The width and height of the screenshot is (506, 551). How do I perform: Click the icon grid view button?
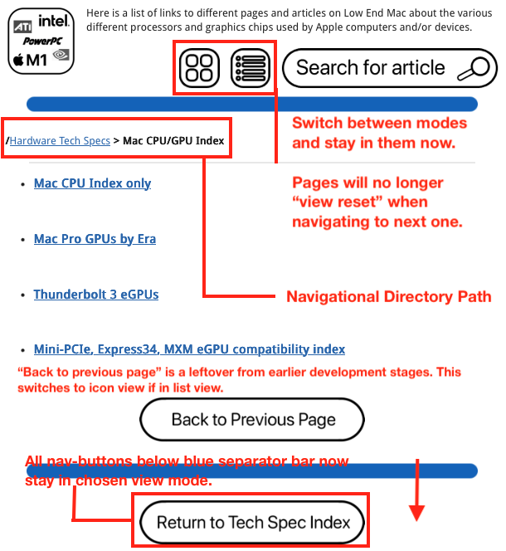tap(200, 67)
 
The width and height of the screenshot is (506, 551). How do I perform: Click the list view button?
tap(251, 67)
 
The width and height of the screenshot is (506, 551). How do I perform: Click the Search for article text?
tap(370, 68)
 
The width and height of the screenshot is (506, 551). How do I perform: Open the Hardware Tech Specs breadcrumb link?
tap(60, 141)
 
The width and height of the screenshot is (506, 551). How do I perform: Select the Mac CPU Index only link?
tap(92, 183)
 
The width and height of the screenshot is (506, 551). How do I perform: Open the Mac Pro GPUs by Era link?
tap(95, 239)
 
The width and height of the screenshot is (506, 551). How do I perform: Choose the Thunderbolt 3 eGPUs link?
tap(96, 295)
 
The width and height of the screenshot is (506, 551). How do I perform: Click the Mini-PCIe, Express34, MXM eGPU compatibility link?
tap(189, 349)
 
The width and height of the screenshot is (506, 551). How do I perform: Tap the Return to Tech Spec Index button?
tap(249, 523)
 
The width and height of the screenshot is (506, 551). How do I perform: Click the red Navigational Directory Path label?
tap(388, 297)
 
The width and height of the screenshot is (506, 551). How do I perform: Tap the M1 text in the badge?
tap(37, 59)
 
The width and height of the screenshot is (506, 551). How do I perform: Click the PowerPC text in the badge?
tap(41, 40)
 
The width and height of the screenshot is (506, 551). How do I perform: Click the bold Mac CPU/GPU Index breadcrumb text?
tap(173, 141)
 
